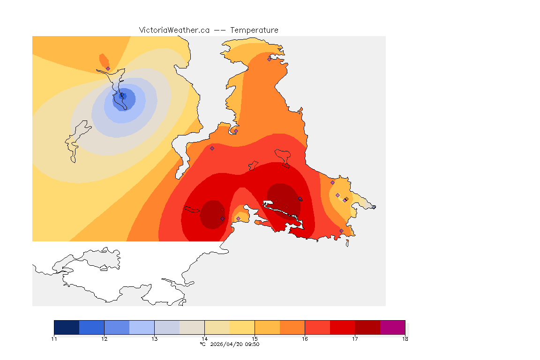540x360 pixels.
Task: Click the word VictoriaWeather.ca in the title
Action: coord(174,30)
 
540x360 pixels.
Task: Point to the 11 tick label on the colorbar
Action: coord(54,339)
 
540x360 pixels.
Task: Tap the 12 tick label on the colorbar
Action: coord(104,339)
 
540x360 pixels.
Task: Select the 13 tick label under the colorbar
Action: coord(154,339)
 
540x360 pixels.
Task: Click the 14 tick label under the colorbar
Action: coord(204,339)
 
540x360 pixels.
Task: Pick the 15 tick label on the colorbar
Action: coord(255,339)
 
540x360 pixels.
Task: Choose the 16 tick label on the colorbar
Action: coord(305,339)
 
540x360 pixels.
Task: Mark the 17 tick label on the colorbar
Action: coord(355,339)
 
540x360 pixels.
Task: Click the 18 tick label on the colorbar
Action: coord(405,339)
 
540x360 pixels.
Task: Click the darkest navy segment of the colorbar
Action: coord(67,327)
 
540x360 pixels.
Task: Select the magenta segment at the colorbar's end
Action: coord(392,327)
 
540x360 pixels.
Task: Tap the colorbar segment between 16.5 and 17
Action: coord(342,327)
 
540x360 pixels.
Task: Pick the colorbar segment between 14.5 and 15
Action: coord(242,327)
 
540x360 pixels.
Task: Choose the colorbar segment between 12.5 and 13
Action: coord(142,327)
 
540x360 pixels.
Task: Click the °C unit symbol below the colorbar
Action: coord(202,344)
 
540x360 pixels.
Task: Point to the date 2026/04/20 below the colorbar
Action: coord(227,344)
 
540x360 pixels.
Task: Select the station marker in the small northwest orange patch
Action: coord(108,68)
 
